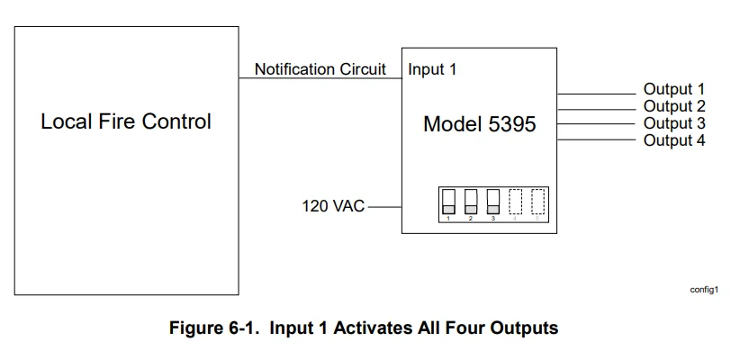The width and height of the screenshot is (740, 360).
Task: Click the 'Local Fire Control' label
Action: pyautogui.click(x=125, y=121)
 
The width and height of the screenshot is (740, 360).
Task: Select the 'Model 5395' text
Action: pyautogui.click(x=479, y=124)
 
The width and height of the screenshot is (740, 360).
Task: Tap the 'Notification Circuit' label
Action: pyautogui.click(x=320, y=69)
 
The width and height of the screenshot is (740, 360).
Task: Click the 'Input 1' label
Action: pyautogui.click(x=432, y=69)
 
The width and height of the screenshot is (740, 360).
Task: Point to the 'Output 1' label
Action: pyautogui.click(x=673, y=89)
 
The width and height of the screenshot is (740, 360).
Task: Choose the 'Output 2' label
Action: pyautogui.click(x=673, y=106)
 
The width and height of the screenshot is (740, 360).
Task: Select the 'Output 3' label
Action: pyautogui.click(x=673, y=123)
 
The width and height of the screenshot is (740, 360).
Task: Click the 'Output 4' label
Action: pyautogui.click(x=673, y=140)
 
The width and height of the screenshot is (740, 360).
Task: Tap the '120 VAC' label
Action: pyautogui.click(x=333, y=206)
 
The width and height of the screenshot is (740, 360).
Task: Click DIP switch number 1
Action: pyautogui.click(x=448, y=202)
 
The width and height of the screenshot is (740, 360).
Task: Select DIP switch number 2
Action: pyautogui.click(x=471, y=202)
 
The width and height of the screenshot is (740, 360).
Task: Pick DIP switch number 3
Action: pyautogui.click(x=492, y=202)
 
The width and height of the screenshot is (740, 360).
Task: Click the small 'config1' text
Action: pyautogui.click(x=703, y=290)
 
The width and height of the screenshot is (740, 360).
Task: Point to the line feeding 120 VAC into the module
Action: pyautogui.click(x=384, y=206)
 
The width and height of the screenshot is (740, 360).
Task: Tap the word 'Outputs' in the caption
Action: pyautogui.click(x=526, y=328)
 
